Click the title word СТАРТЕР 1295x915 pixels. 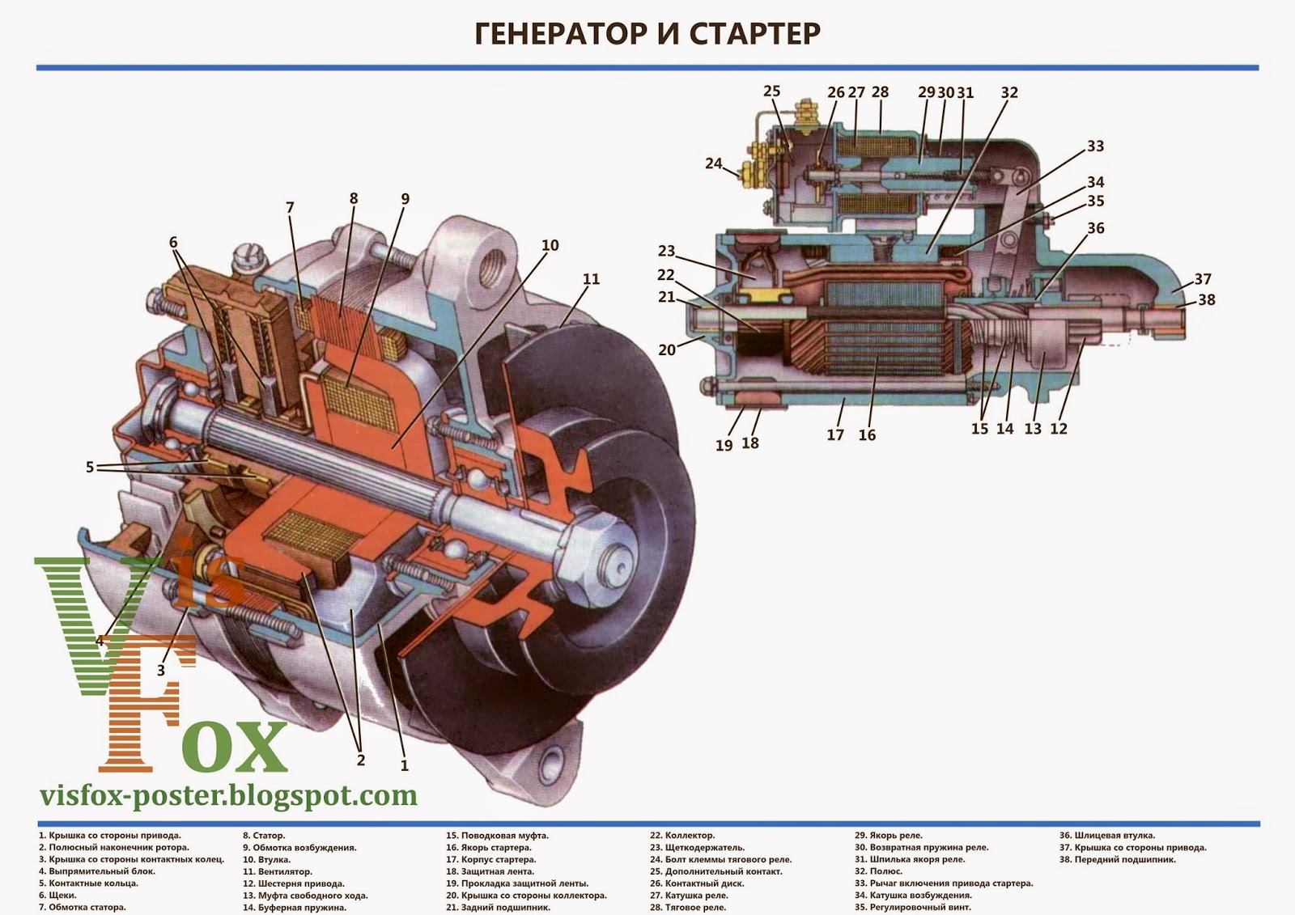click(755, 34)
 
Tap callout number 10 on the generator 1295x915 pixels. click(550, 245)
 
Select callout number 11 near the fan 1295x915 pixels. click(592, 279)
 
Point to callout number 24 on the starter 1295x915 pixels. click(713, 164)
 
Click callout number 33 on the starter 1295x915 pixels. click(1095, 146)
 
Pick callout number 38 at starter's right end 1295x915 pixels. click(1207, 299)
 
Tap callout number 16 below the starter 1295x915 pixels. click(867, 435)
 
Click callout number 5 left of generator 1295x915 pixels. click(90, 467)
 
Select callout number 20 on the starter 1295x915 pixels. click(667, 350)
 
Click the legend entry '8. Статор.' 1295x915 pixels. click(264, 836)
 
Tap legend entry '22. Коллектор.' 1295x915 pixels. click(682, 836)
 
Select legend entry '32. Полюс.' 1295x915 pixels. click(879, 872)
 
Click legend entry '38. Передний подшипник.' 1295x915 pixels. click(1118, 860)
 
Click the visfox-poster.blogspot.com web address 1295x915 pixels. click(229, 796)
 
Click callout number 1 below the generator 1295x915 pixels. click(405, 765)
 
